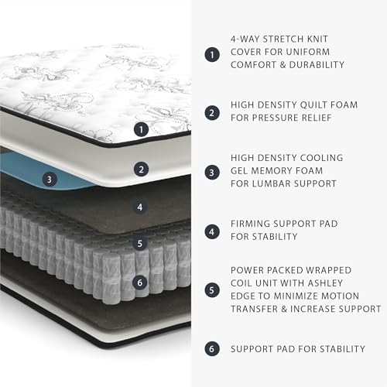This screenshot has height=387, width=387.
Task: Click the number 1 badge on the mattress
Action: tap(141, 130)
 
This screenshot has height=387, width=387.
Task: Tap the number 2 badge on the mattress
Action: tap(141, 168)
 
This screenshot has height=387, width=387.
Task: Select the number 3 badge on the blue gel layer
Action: tap(49, 180)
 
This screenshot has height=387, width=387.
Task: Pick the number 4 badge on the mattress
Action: tap(140, 207)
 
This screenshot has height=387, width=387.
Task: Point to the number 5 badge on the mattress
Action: tap(140, 243)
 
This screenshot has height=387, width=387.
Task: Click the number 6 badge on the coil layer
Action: tap(140, 283)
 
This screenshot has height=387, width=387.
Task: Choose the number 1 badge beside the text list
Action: tap(211, 54)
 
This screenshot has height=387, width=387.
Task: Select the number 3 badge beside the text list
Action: tap(211, 172)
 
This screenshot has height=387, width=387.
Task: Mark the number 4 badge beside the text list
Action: tap(211, 231)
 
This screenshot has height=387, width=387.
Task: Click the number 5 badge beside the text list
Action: tap(211, 289)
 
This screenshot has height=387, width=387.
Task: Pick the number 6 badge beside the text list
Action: tap(211, 348)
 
